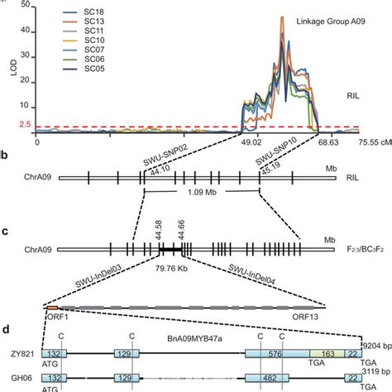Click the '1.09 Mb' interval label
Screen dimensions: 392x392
(x=201, y=199)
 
